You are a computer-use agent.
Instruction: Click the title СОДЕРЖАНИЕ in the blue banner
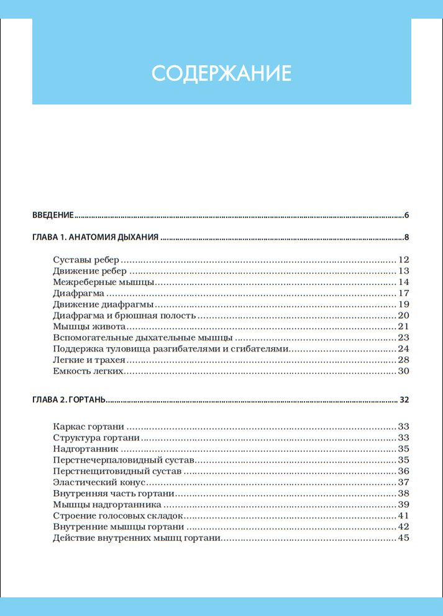pos(221,73)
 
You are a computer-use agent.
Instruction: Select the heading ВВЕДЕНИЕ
pos(53,215)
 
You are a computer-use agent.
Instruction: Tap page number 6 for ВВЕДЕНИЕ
pos(406,215)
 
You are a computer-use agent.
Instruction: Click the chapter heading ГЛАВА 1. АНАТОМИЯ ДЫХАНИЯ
pos(96,237)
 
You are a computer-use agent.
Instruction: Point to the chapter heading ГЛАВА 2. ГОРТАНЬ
pos(70,400)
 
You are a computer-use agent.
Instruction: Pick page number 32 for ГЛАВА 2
pos(404,400)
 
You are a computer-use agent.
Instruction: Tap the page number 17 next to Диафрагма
pos(403,293)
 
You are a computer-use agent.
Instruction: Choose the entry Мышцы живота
pos(90,327)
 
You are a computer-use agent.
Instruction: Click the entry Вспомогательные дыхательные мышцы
pos(143,338)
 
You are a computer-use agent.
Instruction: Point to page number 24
pos(403,349)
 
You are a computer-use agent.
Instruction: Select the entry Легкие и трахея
pos(89,360)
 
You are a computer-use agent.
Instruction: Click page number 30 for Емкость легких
pos(403,371)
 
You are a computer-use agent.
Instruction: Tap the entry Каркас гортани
pos(89,427)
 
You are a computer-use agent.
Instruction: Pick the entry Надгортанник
pos(86,449)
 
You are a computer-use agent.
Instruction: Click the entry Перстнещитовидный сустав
pos(118,471)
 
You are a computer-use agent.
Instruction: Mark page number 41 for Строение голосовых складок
pos(403,516)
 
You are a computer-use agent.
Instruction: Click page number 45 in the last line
pos(403,538)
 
